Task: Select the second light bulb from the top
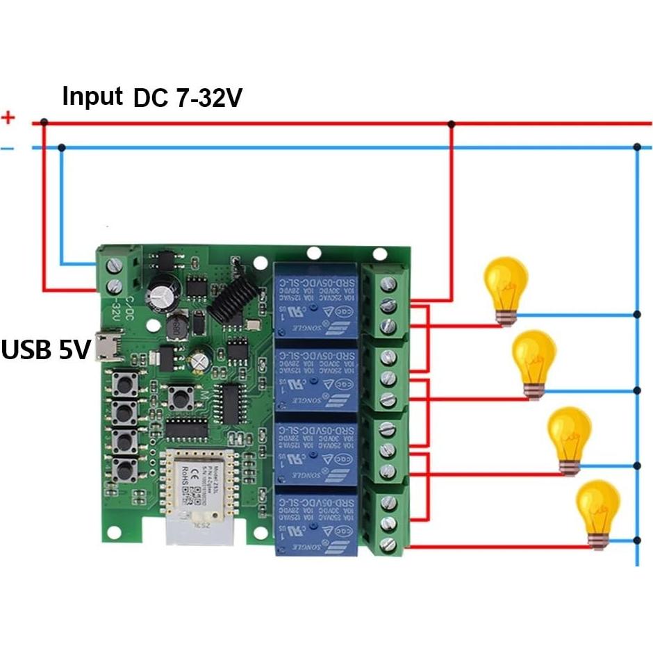[534, 360]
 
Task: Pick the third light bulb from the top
[570, 437]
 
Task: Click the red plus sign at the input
[8, 117]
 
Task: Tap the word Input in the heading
[92, 96]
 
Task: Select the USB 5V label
[46, 349]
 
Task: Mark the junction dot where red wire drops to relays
[452, 124]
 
